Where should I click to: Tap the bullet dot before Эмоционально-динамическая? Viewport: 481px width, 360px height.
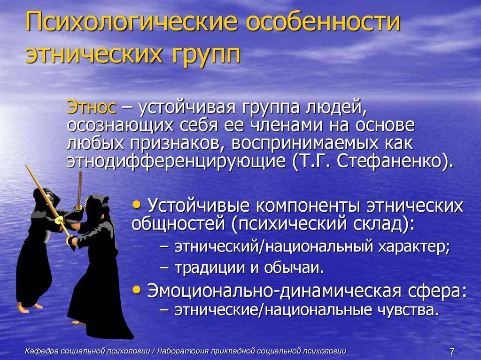coord(137,290)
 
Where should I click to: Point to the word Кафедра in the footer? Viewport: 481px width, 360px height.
coord(40,350)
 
